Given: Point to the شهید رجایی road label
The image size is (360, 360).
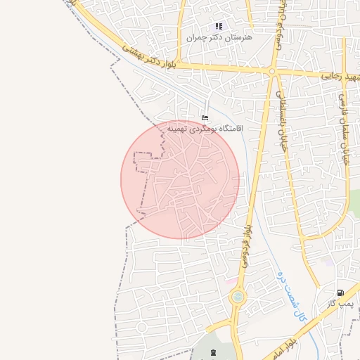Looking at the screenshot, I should [340, 75].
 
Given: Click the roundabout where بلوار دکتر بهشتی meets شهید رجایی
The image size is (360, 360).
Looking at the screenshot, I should [272, 71].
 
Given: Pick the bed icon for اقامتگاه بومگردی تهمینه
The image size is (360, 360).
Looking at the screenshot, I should [205, 117].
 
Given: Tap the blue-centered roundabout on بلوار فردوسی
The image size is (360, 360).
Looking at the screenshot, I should [238, 297].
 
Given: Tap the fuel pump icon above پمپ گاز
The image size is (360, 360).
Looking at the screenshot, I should [340, 292].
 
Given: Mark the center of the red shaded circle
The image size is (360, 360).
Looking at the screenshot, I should [180, 179].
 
